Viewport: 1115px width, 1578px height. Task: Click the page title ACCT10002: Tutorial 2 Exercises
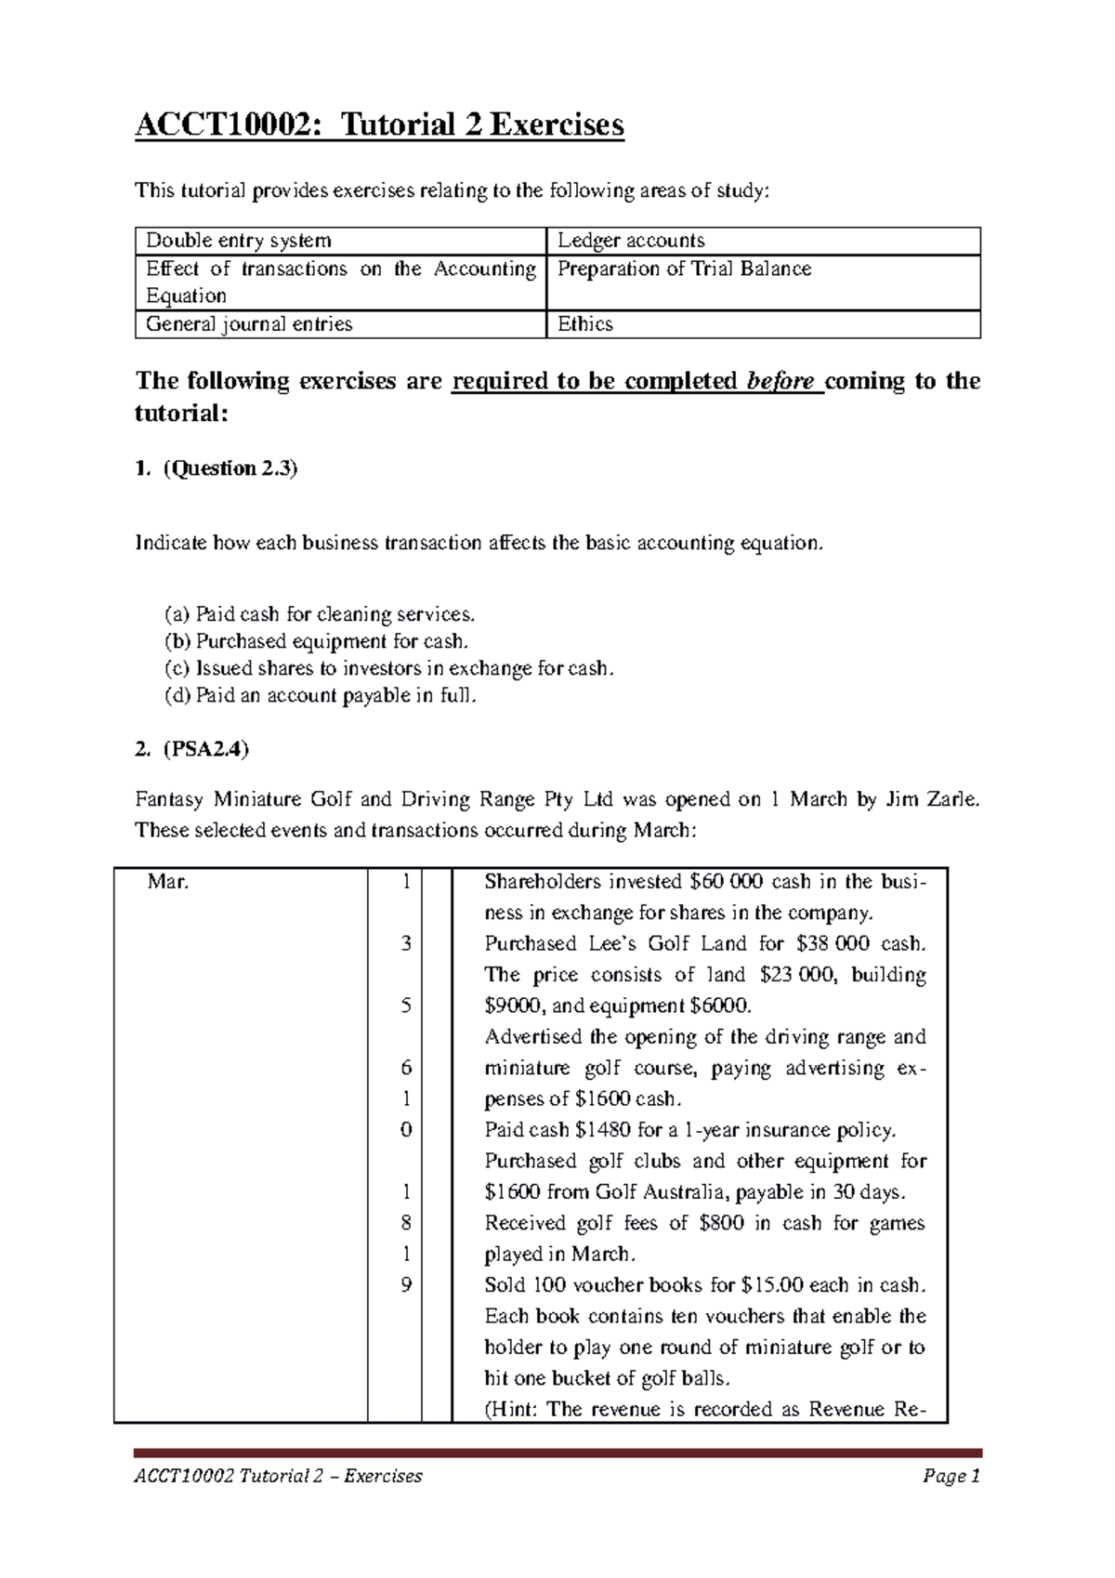coord(379,124)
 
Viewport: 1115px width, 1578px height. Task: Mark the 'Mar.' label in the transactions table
coord(168,882)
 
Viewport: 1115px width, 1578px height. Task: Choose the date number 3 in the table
coord(406,943)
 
